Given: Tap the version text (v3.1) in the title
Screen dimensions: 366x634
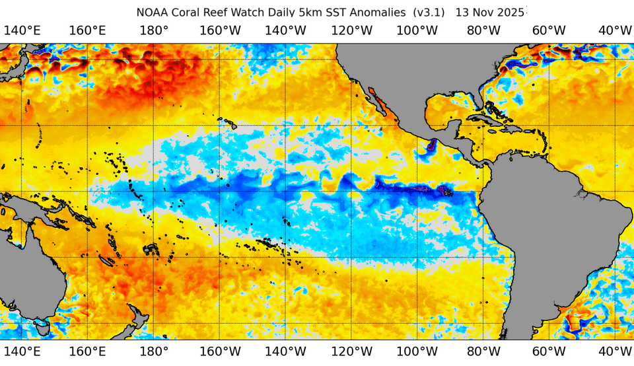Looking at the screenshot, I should tap(429, 12).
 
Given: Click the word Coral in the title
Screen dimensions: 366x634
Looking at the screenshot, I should tap(188, 12).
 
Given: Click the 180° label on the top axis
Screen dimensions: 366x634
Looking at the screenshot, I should tap(154, 30).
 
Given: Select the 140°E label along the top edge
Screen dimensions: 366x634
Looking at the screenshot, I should tap(22, 30).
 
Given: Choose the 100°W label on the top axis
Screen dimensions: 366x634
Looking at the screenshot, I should tap(417, 30).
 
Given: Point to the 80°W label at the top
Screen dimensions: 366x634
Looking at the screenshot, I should tap(483, 30).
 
